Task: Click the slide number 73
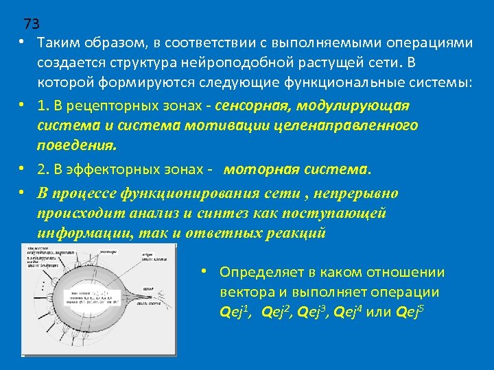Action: [x=32, y=25]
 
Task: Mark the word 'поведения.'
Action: [x=77, y=146]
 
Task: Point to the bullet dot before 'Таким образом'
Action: [x=23, y=42]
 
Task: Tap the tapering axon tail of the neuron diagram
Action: [x=154, y=298]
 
